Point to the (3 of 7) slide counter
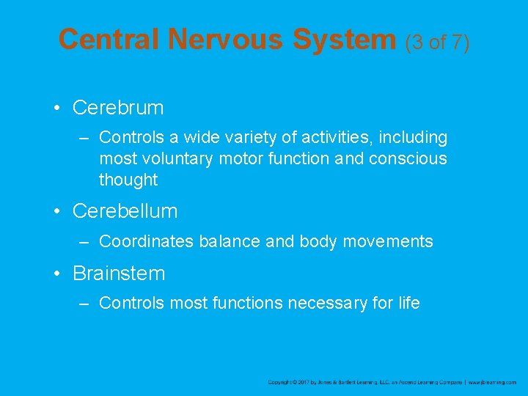click(x=437, y=42)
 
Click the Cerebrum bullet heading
click(x=118, y=108)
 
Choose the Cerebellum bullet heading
click(x=125, y=211)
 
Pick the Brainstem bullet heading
click(x=119, y=274)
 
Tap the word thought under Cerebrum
click(x=128, y=180)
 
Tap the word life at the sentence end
click(x=408, y=303)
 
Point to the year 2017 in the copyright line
click(x=301, y=382)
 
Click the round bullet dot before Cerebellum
click(x=56, y=212)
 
